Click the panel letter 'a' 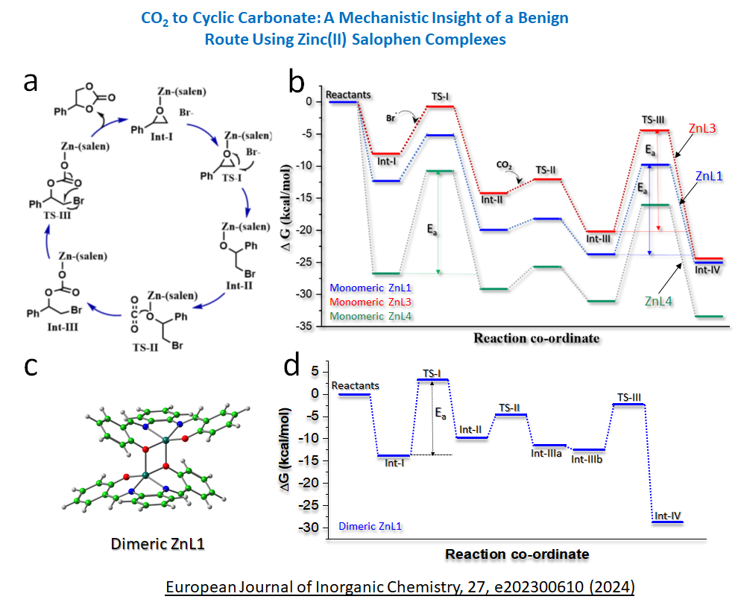tap(30, 80)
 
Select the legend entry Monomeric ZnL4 tap(370, 316)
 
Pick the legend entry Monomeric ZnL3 tap(370, 302)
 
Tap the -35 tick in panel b tap(313, 326)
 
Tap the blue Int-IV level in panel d tap(667, 522)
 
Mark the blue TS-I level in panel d tap(432, 380)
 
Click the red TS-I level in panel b tap(440, 107)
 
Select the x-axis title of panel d tap(517, 554)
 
